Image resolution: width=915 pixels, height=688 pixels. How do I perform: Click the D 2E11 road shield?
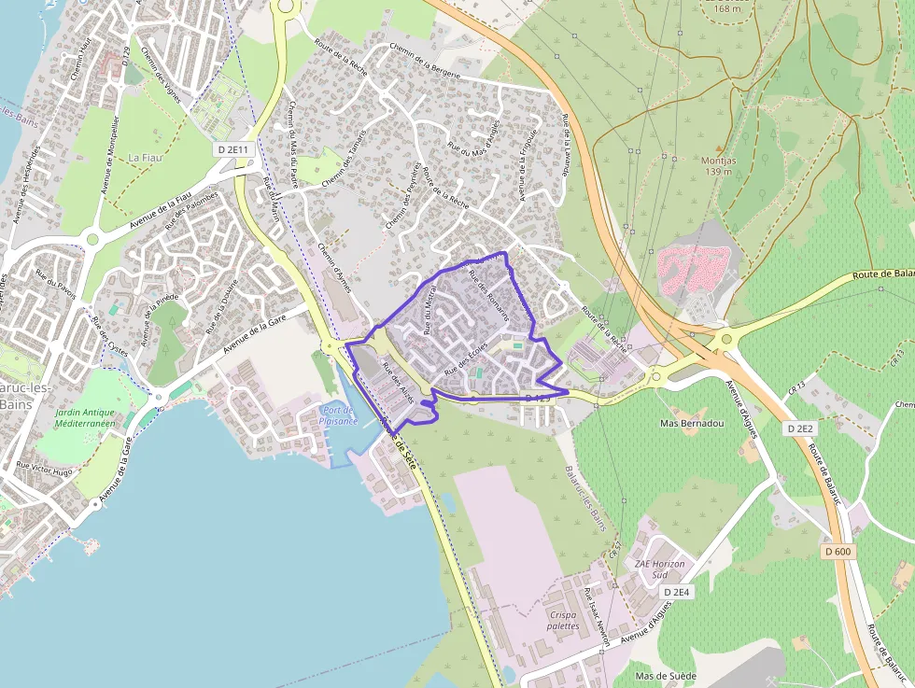click(x=232, y=149)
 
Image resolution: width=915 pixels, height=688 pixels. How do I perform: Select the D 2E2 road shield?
click(x=802, y=428)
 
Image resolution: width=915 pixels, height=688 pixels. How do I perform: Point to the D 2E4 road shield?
click(x=677, y=592)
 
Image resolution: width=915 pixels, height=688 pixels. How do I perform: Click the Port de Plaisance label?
click(x=338, y=414)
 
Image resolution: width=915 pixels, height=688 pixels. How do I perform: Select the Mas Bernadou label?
click(x=692, y=423)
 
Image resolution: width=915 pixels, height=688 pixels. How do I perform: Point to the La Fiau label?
click(x=146, y=158)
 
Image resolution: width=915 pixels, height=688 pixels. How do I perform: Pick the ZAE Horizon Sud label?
click(x=660, y=569)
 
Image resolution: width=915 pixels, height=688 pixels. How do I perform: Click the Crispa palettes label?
click(x=564, y=620)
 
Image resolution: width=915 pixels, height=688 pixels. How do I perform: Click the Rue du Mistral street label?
click(x=430, y=311)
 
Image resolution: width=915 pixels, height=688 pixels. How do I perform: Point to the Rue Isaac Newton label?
click(x=598, y=617)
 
